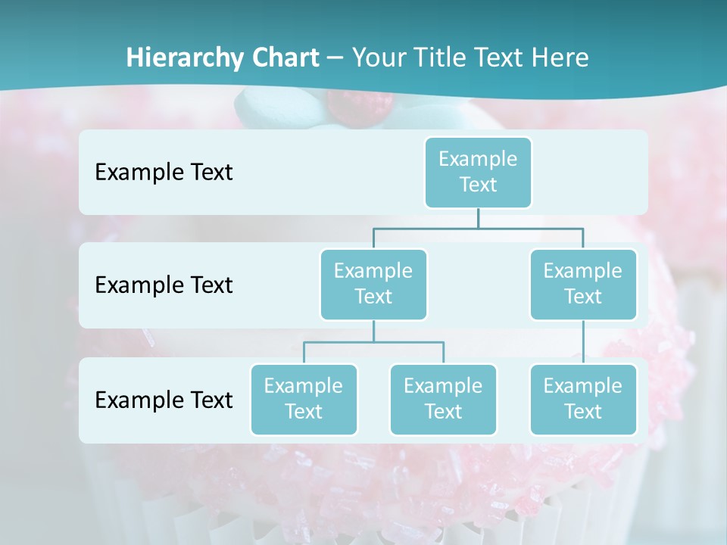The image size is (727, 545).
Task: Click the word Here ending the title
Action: click(x=560, y=58)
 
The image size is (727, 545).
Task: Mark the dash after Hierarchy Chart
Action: click(x=335, y=58)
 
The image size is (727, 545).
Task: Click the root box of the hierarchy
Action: click(x=478, y=173)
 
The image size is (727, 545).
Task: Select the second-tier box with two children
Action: click(x=373, y=285)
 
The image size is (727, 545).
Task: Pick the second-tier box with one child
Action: click(x=583, y=285)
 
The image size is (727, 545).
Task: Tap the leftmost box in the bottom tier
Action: click(x=304, y=400)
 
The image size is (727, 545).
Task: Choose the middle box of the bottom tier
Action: click(x=443, y=400)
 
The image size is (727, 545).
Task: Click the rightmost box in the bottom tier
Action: click(x=583, y=400)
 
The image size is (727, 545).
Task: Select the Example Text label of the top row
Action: click(x=164, y=173)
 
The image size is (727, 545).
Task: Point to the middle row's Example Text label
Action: click(x=164, y=285)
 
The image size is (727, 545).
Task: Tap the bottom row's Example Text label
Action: click(x=164, y=400)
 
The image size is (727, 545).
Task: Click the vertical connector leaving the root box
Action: click(x=478, y=218)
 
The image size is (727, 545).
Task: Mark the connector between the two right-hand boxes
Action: click(x=583, y=342)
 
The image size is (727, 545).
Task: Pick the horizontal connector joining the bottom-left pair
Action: click(x=373, y=342)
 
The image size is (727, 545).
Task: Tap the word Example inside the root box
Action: click(x=478, y=159)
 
